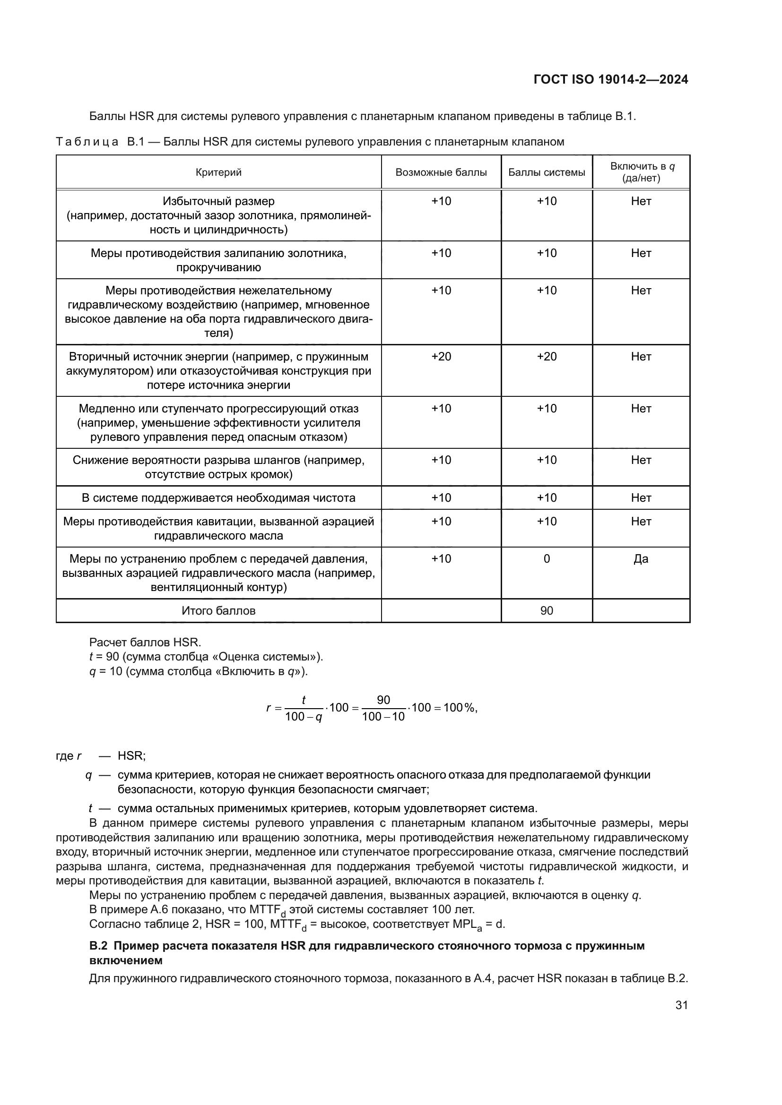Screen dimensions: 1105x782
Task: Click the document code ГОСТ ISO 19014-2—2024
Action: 610,79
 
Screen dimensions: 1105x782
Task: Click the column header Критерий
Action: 218,172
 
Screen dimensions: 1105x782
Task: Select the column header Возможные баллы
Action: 441,172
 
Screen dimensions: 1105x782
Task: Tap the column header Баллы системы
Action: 547,172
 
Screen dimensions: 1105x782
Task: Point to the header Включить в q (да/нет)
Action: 641,172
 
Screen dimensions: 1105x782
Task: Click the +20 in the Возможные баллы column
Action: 441,357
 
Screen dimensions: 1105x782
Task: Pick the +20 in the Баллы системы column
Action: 547,357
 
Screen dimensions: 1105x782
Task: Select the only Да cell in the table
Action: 641,559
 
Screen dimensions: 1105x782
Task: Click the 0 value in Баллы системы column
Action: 547,559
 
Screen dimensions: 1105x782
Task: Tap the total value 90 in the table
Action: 547,611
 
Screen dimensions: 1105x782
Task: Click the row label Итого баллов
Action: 218,611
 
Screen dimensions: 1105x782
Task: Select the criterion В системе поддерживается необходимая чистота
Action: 218,497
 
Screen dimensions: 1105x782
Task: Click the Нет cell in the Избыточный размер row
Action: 641,201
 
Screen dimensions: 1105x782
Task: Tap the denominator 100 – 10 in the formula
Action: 383,717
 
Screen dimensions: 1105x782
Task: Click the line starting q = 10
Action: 199,671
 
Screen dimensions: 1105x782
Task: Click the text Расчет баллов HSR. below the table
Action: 145,642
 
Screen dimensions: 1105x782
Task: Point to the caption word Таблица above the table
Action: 87,142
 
